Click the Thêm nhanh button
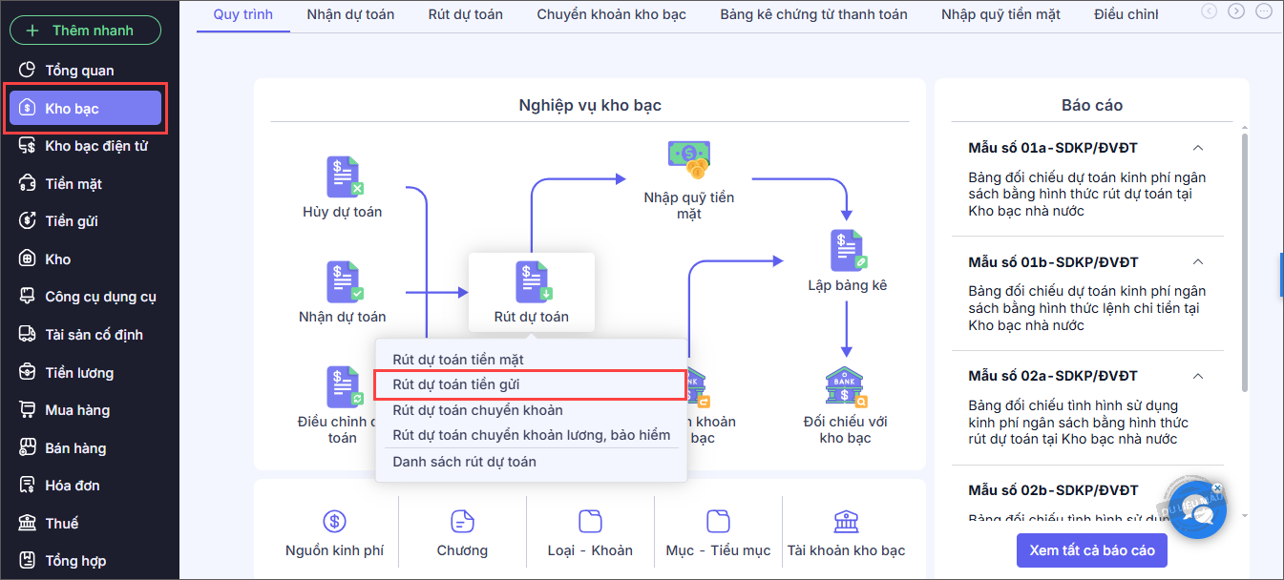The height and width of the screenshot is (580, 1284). click(85, 31)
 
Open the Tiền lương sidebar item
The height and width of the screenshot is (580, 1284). click(79, 373)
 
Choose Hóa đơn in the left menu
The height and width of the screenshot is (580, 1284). click(72, 486)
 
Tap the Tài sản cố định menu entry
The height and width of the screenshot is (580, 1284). click(94, 335)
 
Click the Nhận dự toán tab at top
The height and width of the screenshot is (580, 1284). click(350, 14)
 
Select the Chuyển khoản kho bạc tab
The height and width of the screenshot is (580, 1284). click(611, 14)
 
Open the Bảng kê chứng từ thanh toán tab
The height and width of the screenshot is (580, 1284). click(813, 14)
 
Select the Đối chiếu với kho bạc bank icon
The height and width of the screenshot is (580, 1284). click(845, 386)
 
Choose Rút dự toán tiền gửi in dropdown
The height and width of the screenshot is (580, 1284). click(456, 384)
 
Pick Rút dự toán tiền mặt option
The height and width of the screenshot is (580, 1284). click(458, 360)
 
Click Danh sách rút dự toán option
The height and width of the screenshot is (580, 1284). click(464, 462)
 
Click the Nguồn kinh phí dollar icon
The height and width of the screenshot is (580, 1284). click(334, 521)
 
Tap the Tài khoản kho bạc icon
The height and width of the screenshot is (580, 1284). click(846, 521)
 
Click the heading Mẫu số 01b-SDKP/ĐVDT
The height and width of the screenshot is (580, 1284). click(1053, 262)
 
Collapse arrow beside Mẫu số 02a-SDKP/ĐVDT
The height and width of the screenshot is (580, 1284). click(1198, 376)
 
